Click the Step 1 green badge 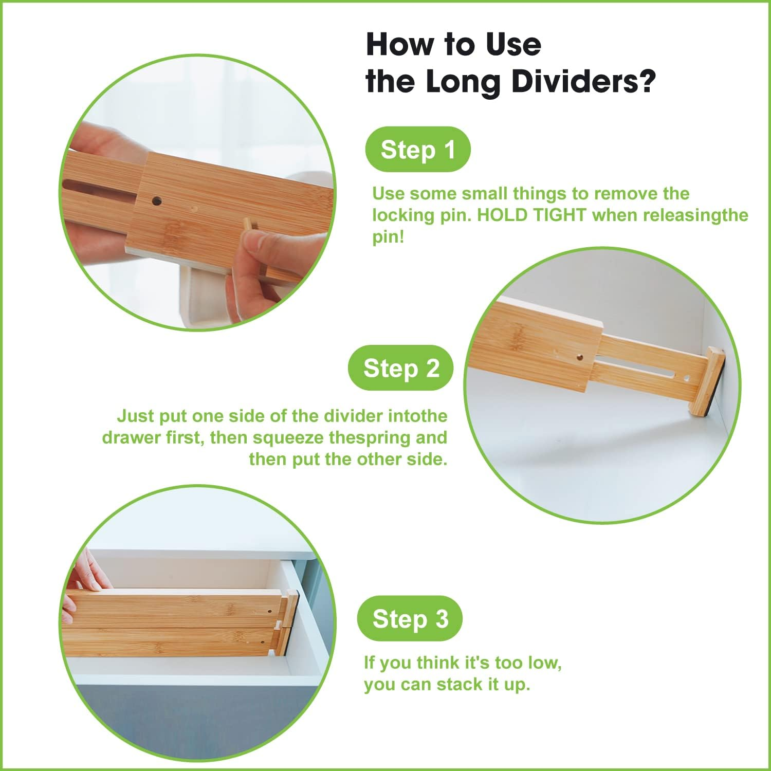coord(417,150)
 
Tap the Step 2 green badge coord(401,368)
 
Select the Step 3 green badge coord(410,618)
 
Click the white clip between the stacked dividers coord(278,624)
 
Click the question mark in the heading coord(647,82)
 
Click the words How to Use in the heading coord(453,44)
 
